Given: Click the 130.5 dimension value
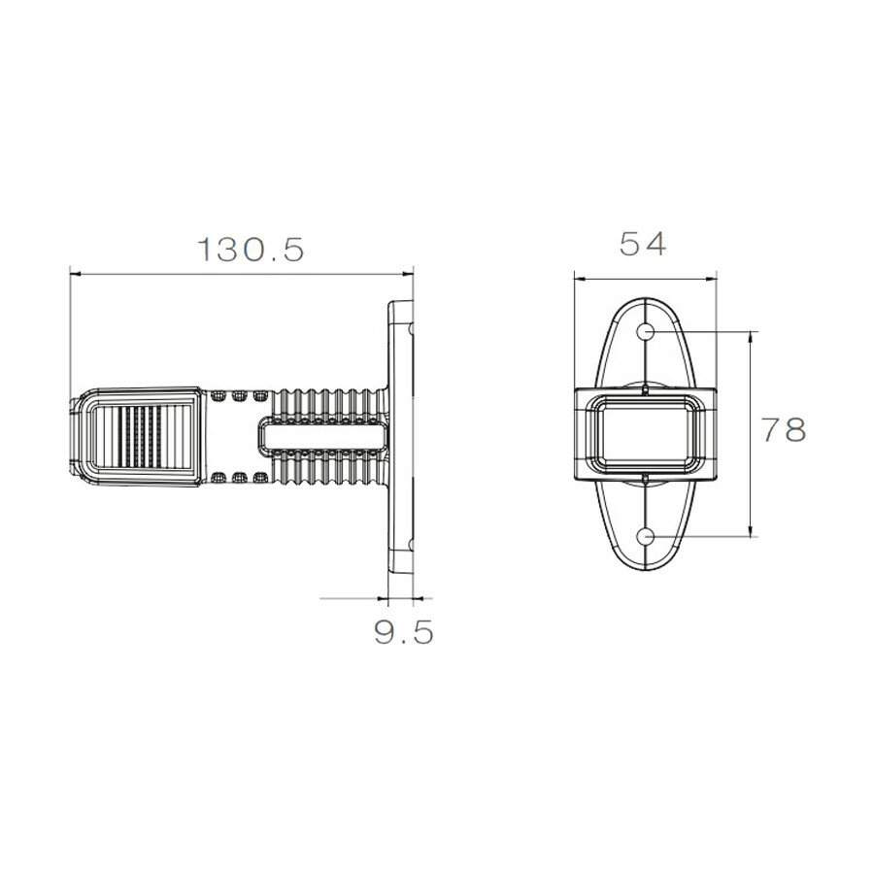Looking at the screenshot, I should tap(252, 250).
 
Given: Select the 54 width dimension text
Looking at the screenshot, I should tap(643, 245).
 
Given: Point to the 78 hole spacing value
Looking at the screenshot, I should tap(783, 429).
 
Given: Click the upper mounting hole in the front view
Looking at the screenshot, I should tap(646, 331).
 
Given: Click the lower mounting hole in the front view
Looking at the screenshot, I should tap(646, 535).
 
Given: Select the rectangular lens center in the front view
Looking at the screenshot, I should tap(646, 434).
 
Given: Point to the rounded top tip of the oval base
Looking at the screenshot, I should tap(646, 298).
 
